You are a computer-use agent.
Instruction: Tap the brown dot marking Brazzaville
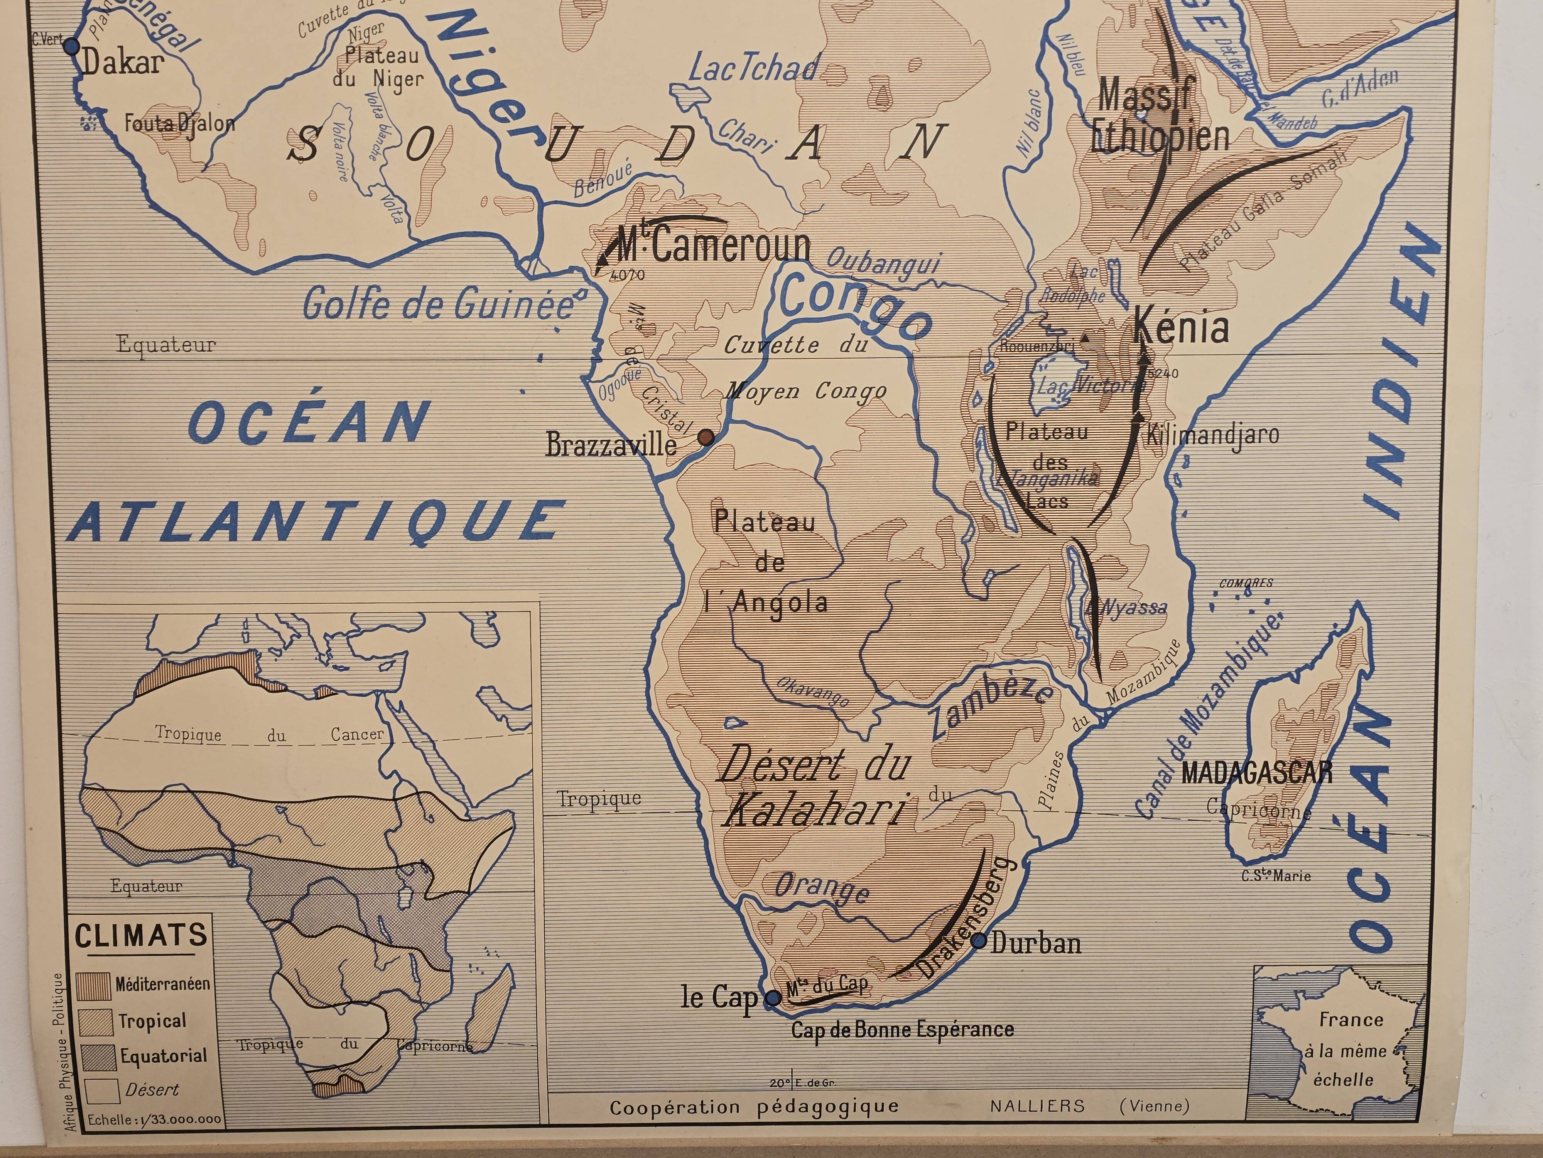(706, 438)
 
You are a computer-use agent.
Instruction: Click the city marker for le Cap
(773, 998)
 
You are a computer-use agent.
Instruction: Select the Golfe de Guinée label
(438, 304)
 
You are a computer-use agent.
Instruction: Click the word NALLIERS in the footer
(1037, 1106)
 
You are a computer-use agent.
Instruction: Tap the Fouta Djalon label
(179, 124)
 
